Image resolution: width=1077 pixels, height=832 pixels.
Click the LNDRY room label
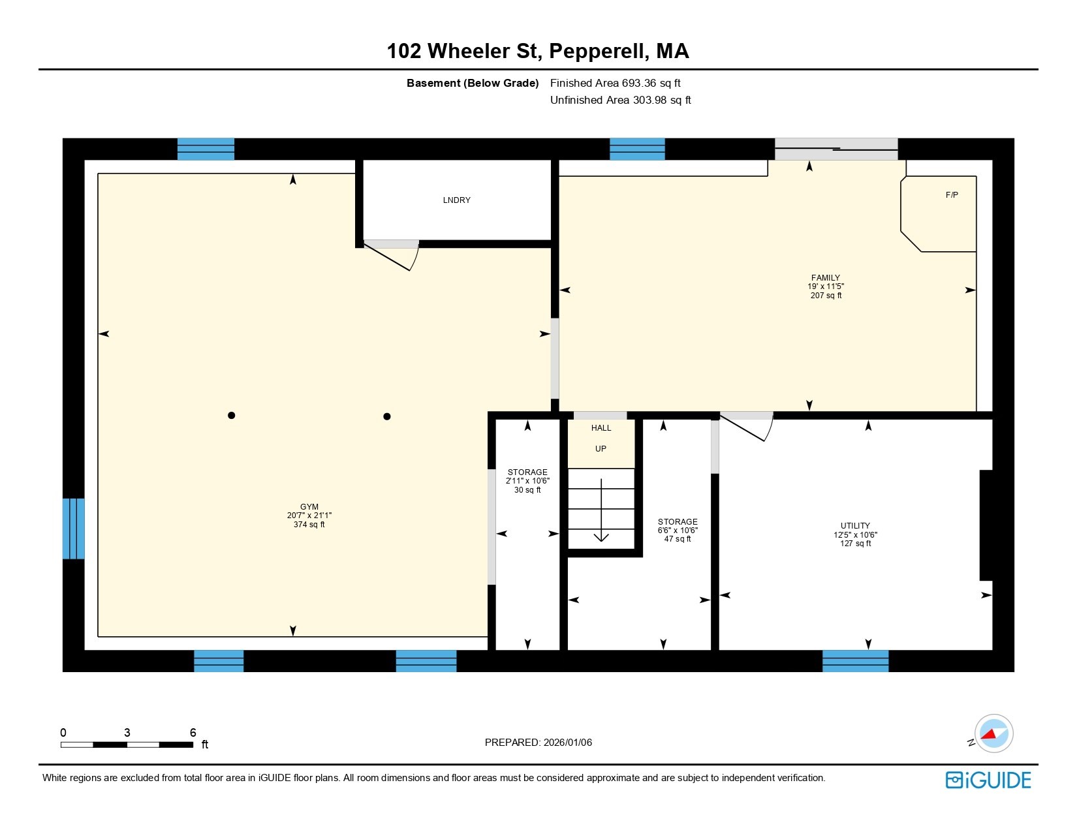[456, 200]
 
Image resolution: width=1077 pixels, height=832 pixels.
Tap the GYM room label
[309, 507]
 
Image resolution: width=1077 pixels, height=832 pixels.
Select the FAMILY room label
[825, 278]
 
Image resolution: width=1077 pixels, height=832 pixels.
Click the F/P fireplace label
[952, 195]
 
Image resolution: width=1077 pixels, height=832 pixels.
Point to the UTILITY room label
[855, 526]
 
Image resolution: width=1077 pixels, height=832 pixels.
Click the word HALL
[601, 428]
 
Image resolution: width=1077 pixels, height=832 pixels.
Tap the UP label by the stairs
[601, 449]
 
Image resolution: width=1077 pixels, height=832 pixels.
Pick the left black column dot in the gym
[231, 416]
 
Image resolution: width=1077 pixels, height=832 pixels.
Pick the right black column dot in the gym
[387, 416]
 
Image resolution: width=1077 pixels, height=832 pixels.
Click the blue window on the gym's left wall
[73, 529]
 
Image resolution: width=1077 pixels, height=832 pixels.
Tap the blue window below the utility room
[855, 660]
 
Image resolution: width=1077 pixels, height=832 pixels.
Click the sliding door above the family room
[836, 149]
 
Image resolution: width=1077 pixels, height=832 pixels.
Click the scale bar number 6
[193, 733]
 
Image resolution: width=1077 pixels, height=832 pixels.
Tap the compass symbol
[993, 733]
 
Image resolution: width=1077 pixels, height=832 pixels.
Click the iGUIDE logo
[988, 780]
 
